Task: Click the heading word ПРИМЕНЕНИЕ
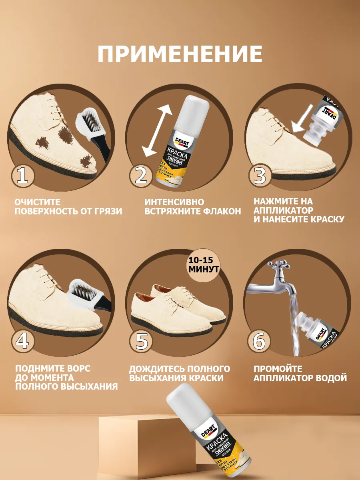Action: [x=180, y=54]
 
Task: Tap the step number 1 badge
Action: [x=22, y=176]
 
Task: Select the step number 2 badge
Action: [x=141, y=176]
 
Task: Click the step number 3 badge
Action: [x=260, y=176]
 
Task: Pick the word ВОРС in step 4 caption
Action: [x=72, y=368]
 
